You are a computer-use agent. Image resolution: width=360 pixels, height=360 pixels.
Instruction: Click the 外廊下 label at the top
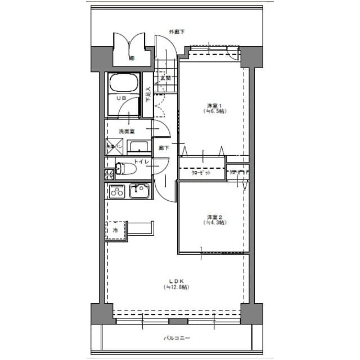coord(177,31)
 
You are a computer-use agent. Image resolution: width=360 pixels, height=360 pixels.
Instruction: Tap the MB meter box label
coord(132,58)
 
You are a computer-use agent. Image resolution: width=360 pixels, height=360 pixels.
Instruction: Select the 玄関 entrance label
coord(165,78)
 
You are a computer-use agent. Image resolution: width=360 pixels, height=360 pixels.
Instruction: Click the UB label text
coord(120,98)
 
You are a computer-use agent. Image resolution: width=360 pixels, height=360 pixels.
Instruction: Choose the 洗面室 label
coord(126,131)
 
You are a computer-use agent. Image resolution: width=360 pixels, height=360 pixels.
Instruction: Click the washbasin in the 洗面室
coord(138,147)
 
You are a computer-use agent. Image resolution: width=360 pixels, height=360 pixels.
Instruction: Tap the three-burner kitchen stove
coord(117,191)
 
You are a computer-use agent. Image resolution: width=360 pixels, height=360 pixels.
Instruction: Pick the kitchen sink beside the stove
coord(139,191)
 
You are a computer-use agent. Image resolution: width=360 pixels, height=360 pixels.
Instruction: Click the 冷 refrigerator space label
coord(115,231)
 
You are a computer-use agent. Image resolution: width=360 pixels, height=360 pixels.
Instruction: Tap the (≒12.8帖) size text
coord(177,287)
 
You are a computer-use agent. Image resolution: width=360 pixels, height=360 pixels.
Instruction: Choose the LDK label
coord(177,281)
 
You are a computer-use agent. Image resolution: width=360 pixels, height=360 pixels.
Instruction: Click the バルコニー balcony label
coord(177,339)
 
